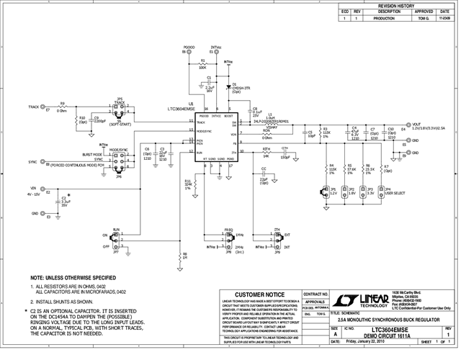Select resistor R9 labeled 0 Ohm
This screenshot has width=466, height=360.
[x=62, y=107]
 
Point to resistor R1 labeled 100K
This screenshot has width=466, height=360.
[x=202, y=63]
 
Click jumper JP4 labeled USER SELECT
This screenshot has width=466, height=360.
[x=379, y=192]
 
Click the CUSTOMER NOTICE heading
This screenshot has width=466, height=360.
[x=256, y=294]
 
